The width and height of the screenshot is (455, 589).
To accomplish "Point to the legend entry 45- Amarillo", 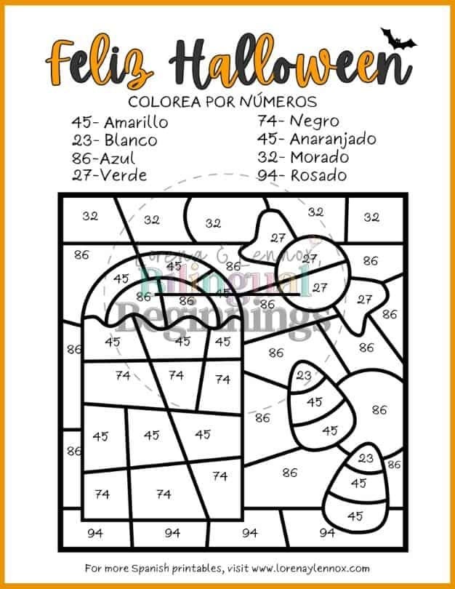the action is tap(119, 121).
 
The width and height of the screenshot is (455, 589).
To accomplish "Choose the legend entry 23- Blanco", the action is tap(115, 140).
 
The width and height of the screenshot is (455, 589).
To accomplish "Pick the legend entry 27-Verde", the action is tap(109, 175).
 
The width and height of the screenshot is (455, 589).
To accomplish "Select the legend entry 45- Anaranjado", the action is tap(316, 139).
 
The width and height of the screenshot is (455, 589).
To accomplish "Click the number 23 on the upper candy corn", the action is tap(305, 376).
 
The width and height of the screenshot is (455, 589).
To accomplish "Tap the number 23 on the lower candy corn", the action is tap(366, 458).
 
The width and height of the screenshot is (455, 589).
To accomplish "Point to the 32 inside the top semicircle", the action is tap(213, 223).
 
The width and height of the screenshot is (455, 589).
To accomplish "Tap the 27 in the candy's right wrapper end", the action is tap(365, 299).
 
